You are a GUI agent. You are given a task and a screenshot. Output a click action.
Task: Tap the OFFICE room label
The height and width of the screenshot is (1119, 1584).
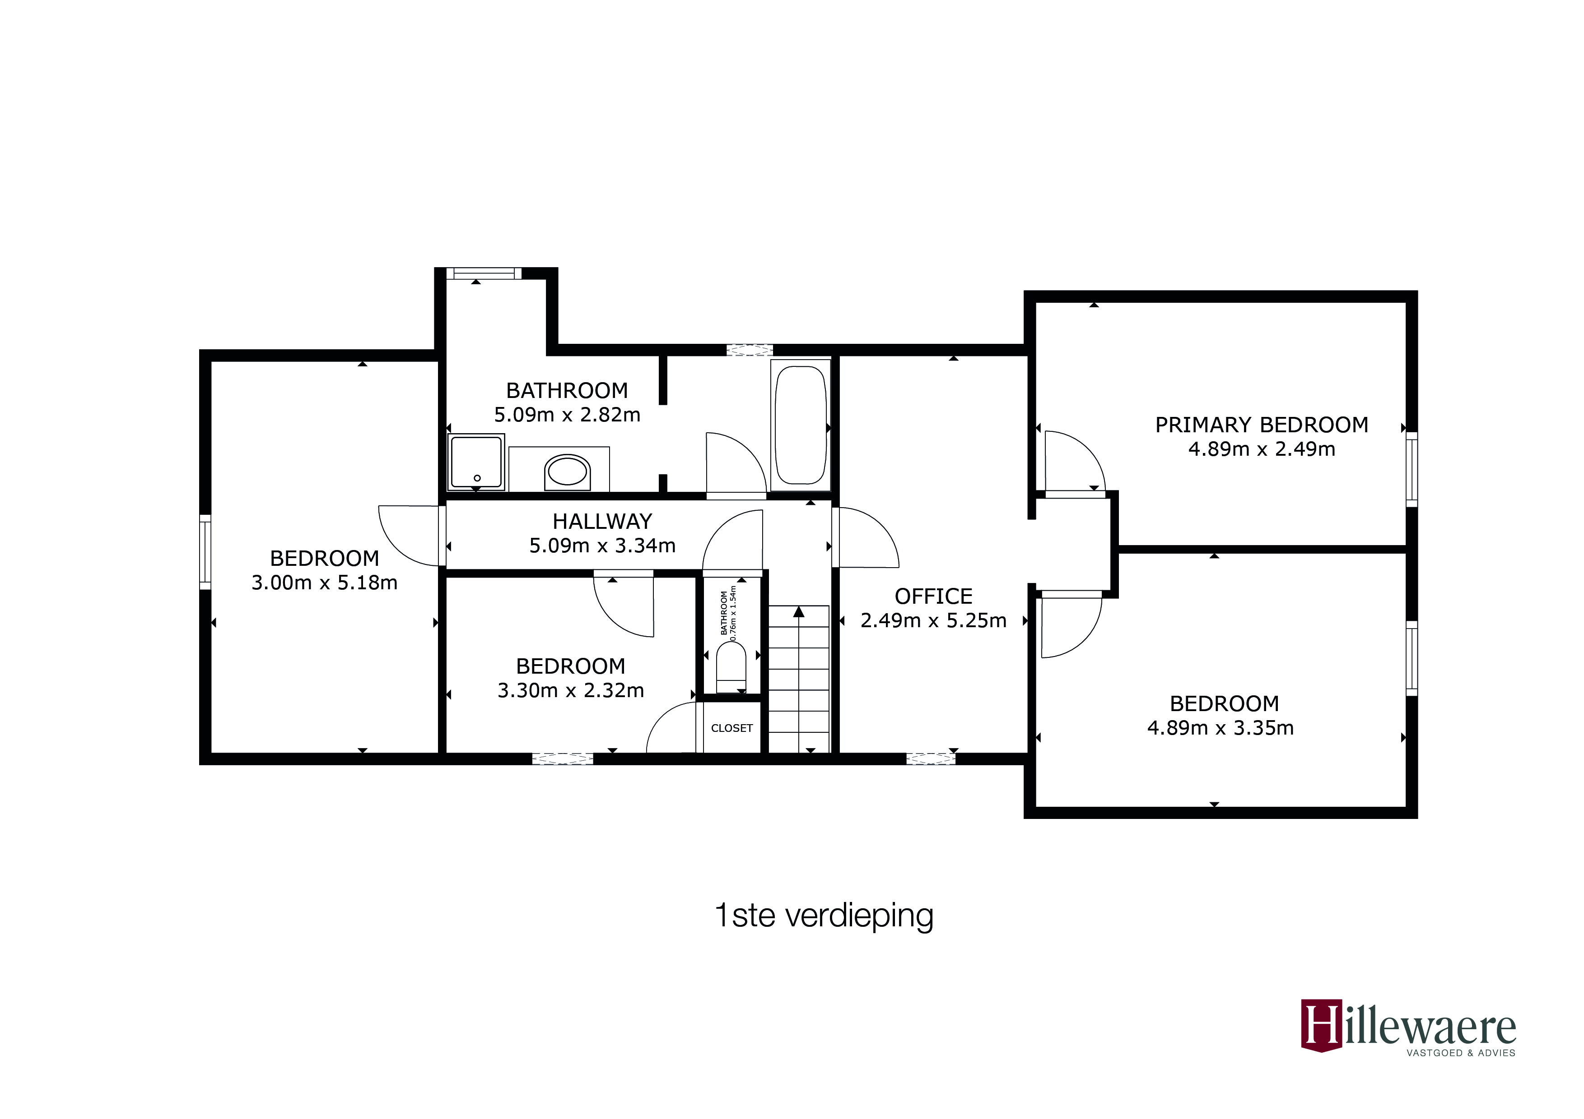(x=933, y=596)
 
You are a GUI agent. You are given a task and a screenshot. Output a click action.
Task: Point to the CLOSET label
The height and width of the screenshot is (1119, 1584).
(x=731, y=728)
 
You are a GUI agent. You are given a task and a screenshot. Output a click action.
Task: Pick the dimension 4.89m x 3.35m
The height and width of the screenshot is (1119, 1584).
(x=1220, y=728)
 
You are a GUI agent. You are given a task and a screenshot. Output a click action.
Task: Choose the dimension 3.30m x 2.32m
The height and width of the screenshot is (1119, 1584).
(x=571, y=690)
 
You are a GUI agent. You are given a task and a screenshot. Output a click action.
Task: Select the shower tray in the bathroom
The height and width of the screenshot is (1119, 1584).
(x=476, y=461)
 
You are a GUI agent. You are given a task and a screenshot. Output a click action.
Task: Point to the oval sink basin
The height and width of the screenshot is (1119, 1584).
(x=567, y=472)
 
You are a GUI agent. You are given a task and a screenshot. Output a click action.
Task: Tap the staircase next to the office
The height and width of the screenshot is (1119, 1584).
(x=799, y=679)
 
